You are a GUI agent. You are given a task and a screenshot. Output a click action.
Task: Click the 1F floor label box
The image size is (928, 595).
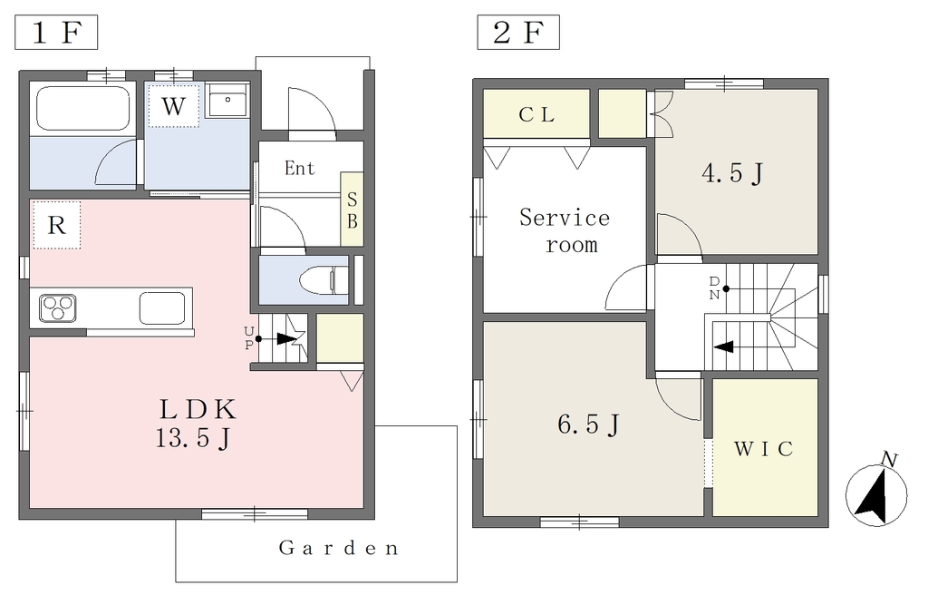55,33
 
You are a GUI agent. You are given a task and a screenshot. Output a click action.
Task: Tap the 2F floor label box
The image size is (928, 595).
518,33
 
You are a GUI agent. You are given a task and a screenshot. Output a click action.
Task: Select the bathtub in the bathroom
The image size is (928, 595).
82,109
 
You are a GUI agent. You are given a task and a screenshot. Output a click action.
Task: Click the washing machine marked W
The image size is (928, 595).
173,105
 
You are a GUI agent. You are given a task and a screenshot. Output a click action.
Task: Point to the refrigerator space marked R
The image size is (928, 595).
56,225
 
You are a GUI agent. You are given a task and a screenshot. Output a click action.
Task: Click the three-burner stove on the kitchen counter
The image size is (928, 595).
58,308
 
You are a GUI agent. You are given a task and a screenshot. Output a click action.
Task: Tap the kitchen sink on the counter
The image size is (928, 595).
162,308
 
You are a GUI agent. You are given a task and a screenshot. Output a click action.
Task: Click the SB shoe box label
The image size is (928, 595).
353,210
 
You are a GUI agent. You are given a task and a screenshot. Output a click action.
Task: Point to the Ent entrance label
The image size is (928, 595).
299,169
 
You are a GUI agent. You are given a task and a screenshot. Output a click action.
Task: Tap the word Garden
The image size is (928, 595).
339,548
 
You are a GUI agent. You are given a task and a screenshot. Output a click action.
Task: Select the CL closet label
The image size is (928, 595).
536,114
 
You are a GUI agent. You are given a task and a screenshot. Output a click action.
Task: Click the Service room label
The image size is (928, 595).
565,231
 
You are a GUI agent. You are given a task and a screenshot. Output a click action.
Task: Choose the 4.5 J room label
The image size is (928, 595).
732,173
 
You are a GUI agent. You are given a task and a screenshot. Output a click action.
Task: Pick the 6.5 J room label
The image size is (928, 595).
589,424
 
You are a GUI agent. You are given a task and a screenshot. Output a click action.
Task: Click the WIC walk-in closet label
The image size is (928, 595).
763,449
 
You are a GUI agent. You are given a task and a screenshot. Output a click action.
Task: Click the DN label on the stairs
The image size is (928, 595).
714,288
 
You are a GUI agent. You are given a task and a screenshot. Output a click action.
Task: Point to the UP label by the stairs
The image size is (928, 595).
249,338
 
